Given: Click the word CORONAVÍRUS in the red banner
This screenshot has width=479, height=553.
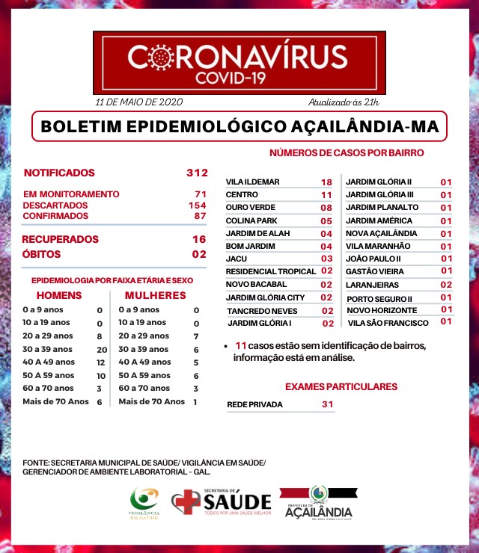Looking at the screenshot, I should tap(237, 57).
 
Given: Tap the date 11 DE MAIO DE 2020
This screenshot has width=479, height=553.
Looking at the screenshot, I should tap(138, 102).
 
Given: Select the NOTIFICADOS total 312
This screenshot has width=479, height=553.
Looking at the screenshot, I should tap(197, 173).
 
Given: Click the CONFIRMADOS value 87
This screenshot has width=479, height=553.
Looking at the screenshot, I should tap(200, 216).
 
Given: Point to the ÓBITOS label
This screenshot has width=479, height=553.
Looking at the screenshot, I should tap(41, 255).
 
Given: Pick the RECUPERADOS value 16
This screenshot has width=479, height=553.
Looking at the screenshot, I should tap(198, 239).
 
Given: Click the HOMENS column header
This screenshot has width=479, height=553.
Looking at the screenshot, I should tap(59, 295).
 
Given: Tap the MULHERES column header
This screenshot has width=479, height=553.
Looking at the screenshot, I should tap(156, 295).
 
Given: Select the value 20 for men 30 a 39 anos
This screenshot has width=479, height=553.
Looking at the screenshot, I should tap(102, 349).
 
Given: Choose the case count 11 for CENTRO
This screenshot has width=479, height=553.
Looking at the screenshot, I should tap(326, 194).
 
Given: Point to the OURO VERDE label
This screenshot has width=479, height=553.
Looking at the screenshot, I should tap(249, 208).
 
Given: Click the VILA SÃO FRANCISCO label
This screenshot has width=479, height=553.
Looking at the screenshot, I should tap(388, 323).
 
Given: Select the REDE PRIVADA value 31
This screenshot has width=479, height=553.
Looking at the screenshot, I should tap(326, 404).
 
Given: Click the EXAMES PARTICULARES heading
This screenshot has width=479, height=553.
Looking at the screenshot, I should tap(341, 386).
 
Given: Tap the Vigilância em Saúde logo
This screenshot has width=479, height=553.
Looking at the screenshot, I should tap(144, 503).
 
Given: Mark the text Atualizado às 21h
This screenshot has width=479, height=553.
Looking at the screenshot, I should tap(344, 102).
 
